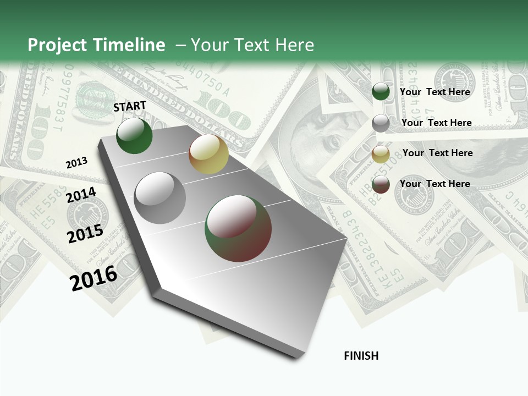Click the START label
pos(130,106)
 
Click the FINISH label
pos(361,356)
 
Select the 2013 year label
pos(76,162)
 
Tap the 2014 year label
pos(81,195)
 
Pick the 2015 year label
pos(85,233)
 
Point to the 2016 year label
pos(94,278)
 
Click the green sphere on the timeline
pos(134,135)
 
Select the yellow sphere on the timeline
pos(208,154)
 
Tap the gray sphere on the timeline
pos(160,197)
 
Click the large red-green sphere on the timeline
pos(238,228)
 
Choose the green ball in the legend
pos(381,92)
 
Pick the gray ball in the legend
pos(381,123)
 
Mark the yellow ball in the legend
pos(381,154)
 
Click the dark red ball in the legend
pos(381,184)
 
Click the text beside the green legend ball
pos(435,92)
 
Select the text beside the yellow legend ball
pos(437,153)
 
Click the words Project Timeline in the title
pos(96,45)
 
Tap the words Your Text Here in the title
pos(252,45)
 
